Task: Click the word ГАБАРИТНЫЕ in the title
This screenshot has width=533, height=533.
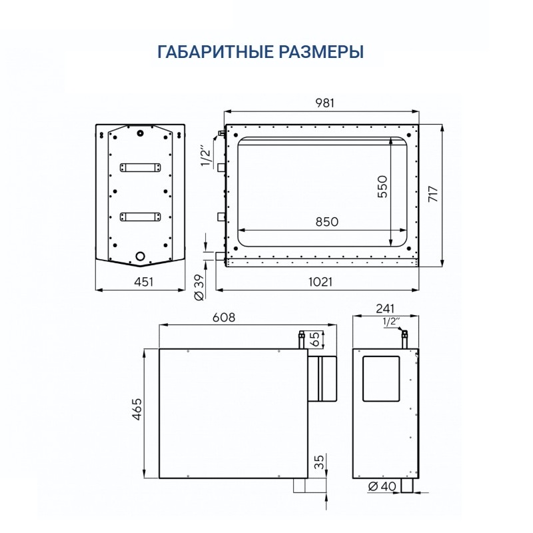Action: click(x=215, y=52)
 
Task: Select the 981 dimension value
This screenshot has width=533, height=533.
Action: click(x=324, y=103)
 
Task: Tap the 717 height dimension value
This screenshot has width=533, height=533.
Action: click(x=433, y=194)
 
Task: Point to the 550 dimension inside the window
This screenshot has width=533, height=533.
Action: click(x=382, y=187)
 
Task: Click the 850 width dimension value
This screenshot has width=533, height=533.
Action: click(x=326, y=222)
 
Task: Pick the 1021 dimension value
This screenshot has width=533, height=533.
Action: click(x=320, y=282)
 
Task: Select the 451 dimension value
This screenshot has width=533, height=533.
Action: click(x=143, y=282)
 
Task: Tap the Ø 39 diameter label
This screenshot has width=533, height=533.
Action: click(x=199, y=287)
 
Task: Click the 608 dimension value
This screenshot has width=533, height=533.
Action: click(x=224, y=317)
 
